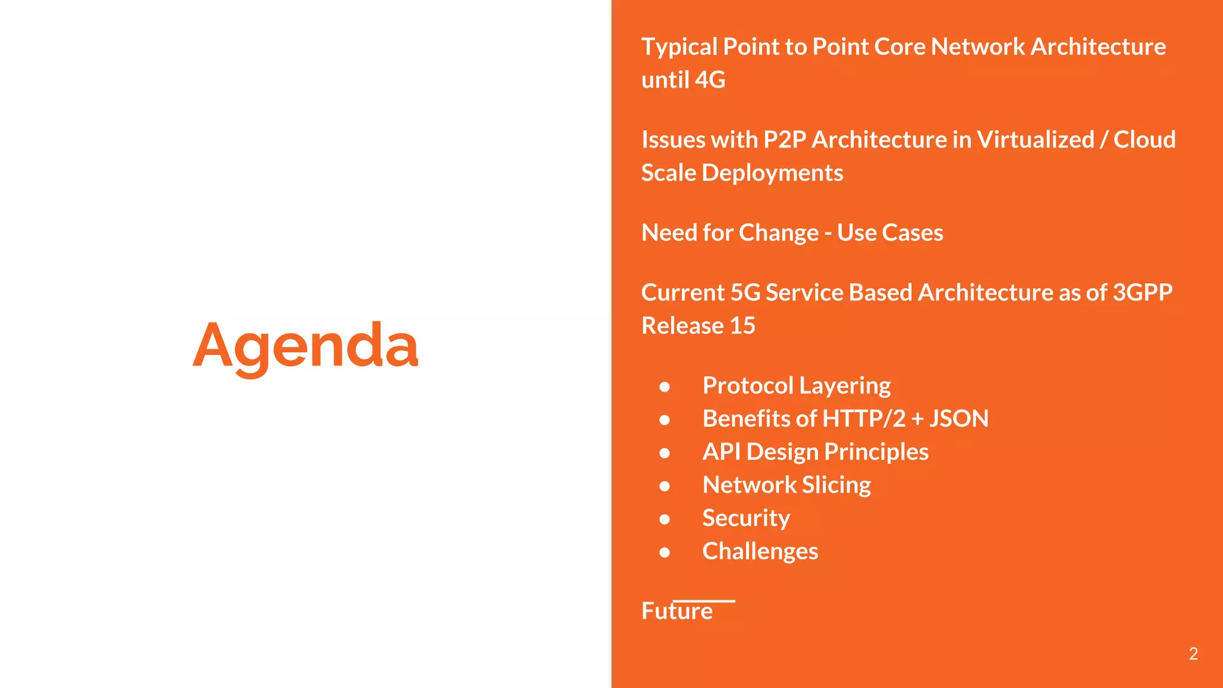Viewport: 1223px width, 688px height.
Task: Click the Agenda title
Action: pyautogui.click(x=305, y=345)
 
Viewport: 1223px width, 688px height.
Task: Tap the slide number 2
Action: pyautogui.click(x=1193, y=653)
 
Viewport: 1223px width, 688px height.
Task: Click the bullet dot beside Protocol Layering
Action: pyautogui.click(x=665, y=387)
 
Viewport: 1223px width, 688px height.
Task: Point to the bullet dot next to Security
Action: pyautogui.click(x=665, y=519)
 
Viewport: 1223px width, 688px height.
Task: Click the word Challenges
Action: pyautogui.click(x=760, y=551)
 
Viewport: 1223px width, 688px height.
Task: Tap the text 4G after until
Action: pyautogui.click(x=710, y=79)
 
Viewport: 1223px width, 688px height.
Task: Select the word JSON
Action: pyautogui.click(x=958, y=419)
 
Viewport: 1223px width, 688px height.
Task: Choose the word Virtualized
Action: pyautogui.click(x=1035, y=140)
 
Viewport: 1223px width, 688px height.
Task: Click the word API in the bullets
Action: pyautogui.click(x=721, y=452)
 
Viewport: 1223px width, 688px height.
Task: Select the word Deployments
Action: pyautogui.click(x=772, y=173)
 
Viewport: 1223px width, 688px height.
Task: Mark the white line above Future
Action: pyautogui.click(x=704, y=601)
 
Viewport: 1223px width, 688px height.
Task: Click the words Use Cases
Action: pyautogui.click(x=890, y=233)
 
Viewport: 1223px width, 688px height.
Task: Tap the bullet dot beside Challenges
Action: pyautogui.click(x=665, y=552)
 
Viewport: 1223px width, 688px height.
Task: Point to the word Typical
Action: pyautogui.click(x=679, y=47)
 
